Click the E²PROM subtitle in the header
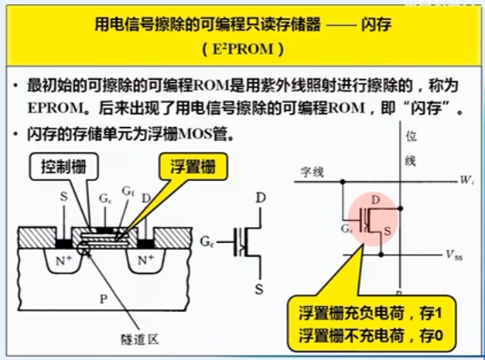(x=242, y=49)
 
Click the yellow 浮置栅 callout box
(x=187, y=165)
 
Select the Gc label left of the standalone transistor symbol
(x=207, y=242)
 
